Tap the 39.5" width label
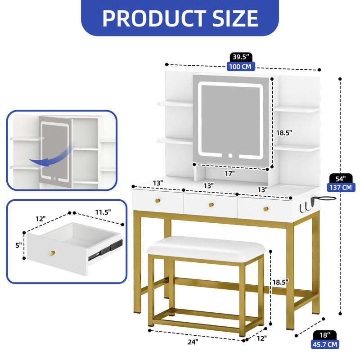(x=241, y=57)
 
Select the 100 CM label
(x=240, y=67)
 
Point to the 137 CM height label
(x=341, y=187)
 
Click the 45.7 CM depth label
(x=325, y=344)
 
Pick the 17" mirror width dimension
(x=230, y=174)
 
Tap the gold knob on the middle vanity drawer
(x=211, y=205)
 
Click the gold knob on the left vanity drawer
(x=157, y=201)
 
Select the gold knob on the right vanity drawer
(x=266, y=209)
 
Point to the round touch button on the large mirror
(x=230, y=156)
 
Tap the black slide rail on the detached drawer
(x=106, y=250)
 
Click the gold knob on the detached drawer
(x=52, y=253)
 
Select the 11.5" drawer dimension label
(x=103, y=212)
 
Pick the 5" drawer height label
(x=18, y=245)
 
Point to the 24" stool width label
(x=193, y=342)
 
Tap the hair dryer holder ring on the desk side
(x=326, y=198)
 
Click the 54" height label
(x=341, y=178)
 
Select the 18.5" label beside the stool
(x=280, y=283)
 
